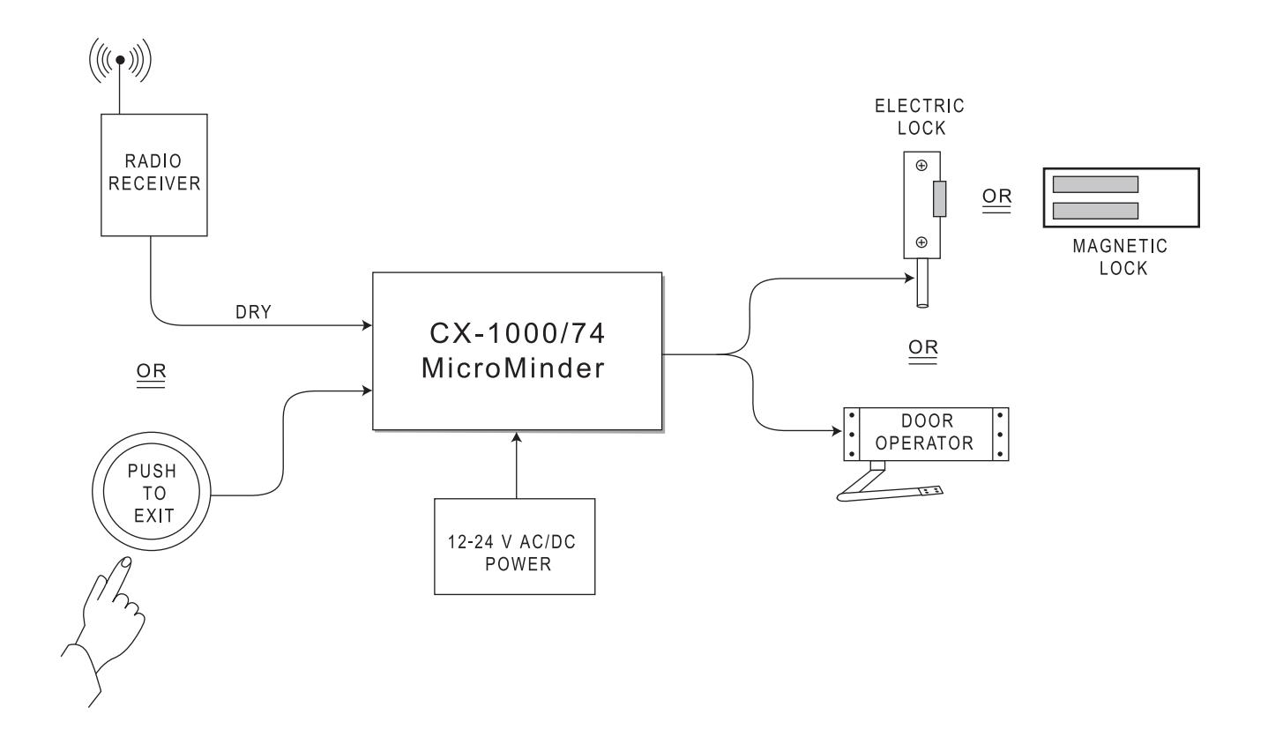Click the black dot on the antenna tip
point(120,59)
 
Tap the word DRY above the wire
point(253,312)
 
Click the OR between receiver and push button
point(151,372)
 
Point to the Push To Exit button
point(151,491)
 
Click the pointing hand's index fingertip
point(126,562)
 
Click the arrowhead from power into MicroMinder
point(516,436)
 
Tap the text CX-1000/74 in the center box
point(518,333)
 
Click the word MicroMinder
point(513,368)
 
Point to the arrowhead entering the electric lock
point(909,278)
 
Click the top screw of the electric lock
point(921,166)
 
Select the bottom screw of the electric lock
point(921,242)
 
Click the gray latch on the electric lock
point(940,198)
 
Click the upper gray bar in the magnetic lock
point(1095,184)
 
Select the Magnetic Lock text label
point(1121,257)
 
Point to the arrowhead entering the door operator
point(837,431)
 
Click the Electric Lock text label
point(920,117)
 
